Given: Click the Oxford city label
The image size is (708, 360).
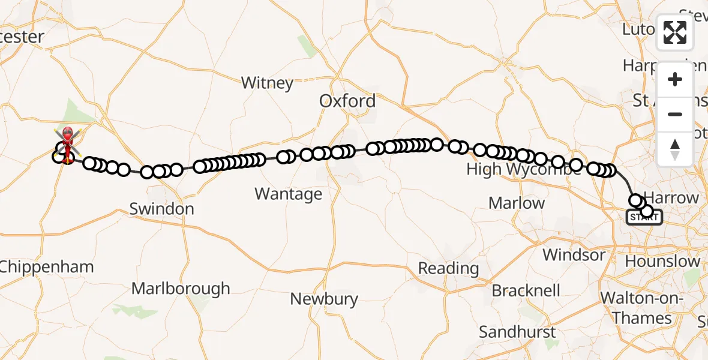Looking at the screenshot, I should [347, 101].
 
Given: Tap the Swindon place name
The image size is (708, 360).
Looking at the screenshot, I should [162, 209].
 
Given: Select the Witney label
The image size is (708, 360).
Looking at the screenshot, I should [267, 83].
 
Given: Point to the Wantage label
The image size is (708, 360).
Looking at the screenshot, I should [288, 194].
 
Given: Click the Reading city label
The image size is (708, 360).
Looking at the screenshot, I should [448, 268].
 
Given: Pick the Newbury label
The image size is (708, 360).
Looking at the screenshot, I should [324, 299].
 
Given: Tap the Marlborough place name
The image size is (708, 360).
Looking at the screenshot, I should [181, 289].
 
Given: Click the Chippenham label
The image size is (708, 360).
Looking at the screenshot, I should [47, 267].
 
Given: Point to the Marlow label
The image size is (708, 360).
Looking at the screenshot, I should [517, 203].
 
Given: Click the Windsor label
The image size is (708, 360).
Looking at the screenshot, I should [574, 254].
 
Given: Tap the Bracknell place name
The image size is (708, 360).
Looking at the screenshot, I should [526, 291].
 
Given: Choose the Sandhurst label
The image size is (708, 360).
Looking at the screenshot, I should [518, 331].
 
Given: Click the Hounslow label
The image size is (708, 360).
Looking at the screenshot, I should [662, 262].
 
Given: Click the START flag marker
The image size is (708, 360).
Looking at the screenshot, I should [644, 217].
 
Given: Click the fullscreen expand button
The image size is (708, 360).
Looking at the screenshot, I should [675, 32].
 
